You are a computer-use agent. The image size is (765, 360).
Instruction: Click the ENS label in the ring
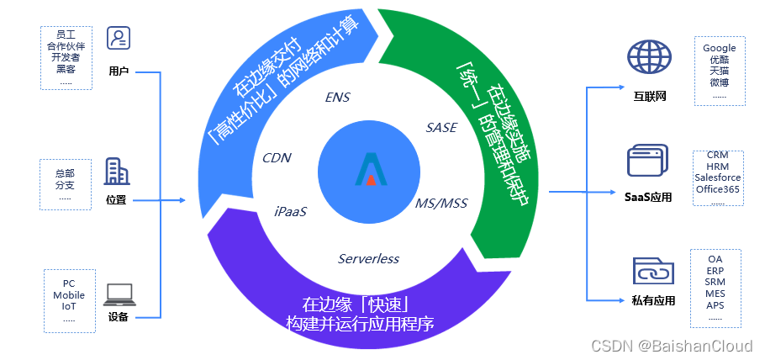(337, 98)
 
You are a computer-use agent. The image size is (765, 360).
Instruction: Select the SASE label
(441, 128)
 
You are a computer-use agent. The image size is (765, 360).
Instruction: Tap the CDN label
(277, 157)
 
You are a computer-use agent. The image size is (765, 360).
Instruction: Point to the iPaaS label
(291, 211)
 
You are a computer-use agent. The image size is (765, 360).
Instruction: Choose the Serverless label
(368, 258)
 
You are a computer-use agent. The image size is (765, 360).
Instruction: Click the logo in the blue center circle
(368, 168)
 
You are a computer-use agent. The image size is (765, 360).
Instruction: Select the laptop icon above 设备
(119, 294)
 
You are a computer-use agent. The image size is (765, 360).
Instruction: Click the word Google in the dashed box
(719, 49)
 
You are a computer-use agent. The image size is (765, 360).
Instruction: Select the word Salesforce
(718, 178)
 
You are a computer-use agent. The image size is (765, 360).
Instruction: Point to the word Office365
(717, 190)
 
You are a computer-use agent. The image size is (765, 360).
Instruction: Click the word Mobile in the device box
(69, 295)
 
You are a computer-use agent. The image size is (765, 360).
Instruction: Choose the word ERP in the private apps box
(715, 271)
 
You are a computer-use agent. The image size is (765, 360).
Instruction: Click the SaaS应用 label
(648, 197)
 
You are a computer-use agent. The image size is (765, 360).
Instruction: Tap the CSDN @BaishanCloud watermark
(672, 346)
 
